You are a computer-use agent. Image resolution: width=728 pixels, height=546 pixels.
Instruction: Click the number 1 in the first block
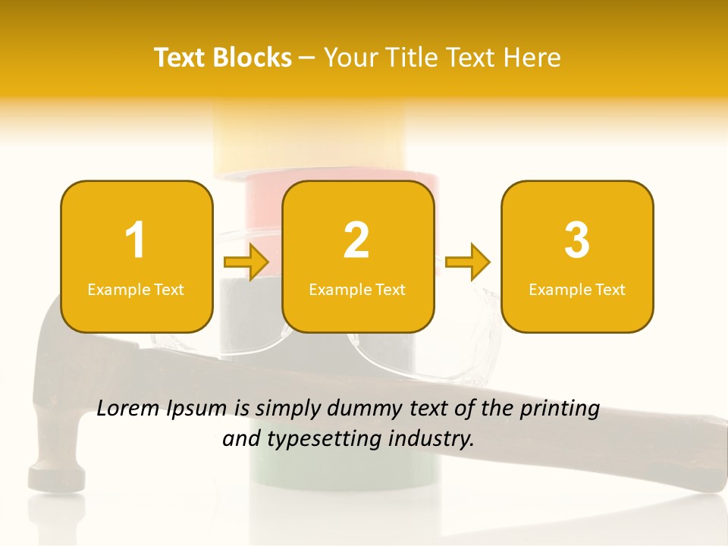[x=135, y=240]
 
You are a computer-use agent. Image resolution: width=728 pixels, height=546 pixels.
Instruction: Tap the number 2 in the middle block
[x=356, y=240]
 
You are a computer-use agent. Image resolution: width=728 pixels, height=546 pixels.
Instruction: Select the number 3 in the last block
[x=577, y=240]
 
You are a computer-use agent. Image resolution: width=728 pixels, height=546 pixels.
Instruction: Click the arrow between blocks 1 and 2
[x=246, y=262]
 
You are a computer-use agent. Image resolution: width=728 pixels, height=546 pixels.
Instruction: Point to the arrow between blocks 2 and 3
[x=468, y=262]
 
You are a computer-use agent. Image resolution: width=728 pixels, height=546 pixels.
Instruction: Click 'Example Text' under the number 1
[x=136, y=290]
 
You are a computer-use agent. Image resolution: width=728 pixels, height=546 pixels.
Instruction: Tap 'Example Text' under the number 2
[x=357, y=290]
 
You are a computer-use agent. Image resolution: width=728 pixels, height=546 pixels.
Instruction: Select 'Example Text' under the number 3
[x=577, y=290]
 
